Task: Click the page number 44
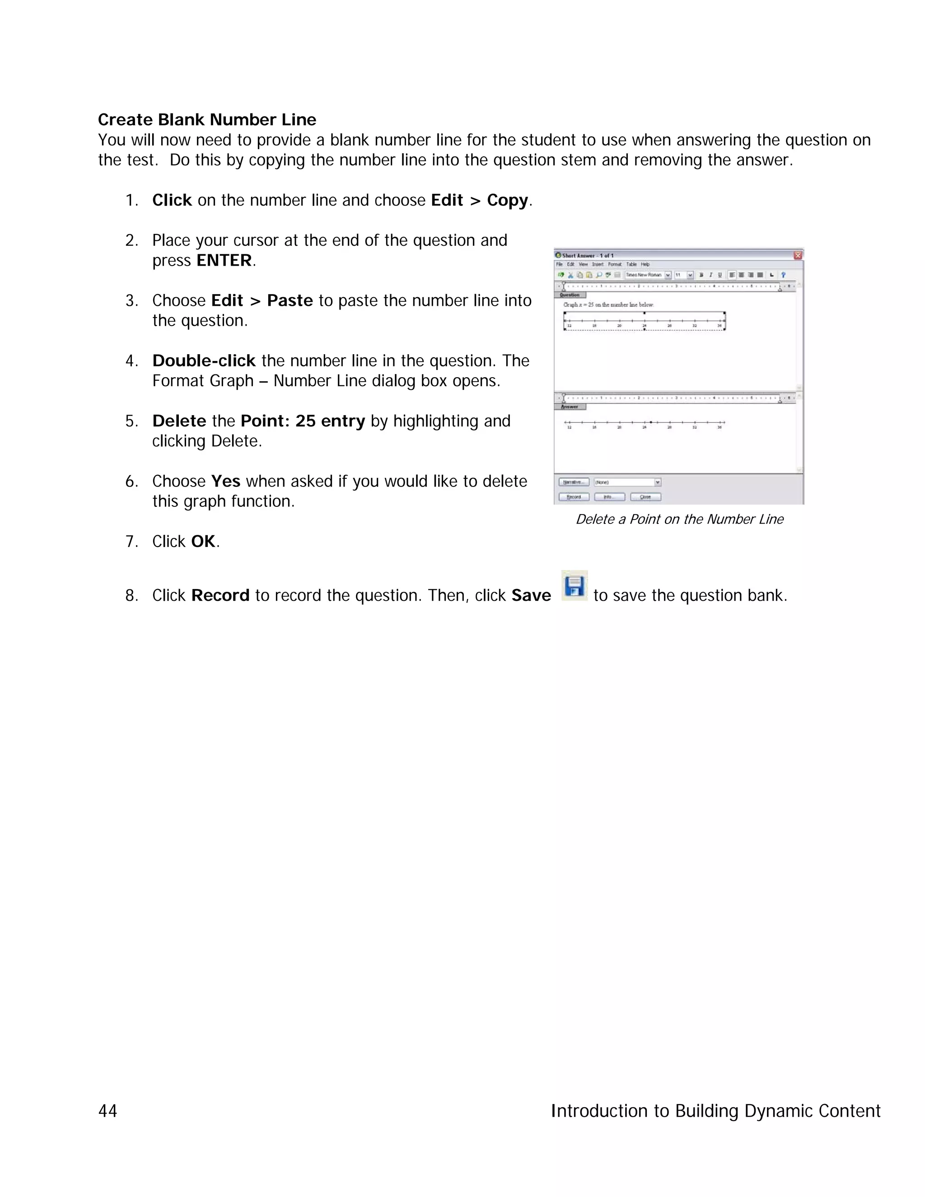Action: pos(107,1110)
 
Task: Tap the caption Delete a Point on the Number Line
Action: pos(679,519)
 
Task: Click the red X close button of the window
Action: pos(798,255)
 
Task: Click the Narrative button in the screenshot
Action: pos(573,482)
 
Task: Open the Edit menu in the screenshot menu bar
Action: pos(570,264)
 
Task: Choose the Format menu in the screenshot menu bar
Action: pos(615,264)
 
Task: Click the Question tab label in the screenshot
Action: pos(570,295)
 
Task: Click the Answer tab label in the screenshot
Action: pos(570,407)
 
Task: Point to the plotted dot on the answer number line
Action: pos(650,422)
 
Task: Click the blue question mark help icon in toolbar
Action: pos(783,275)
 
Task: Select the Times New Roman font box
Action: pos(645,275)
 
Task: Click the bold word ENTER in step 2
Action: pos(224,260)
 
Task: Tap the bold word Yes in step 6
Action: pos(226,481)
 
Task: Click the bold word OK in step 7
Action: pos(203,542)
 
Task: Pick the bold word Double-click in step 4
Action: pos(204,360)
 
